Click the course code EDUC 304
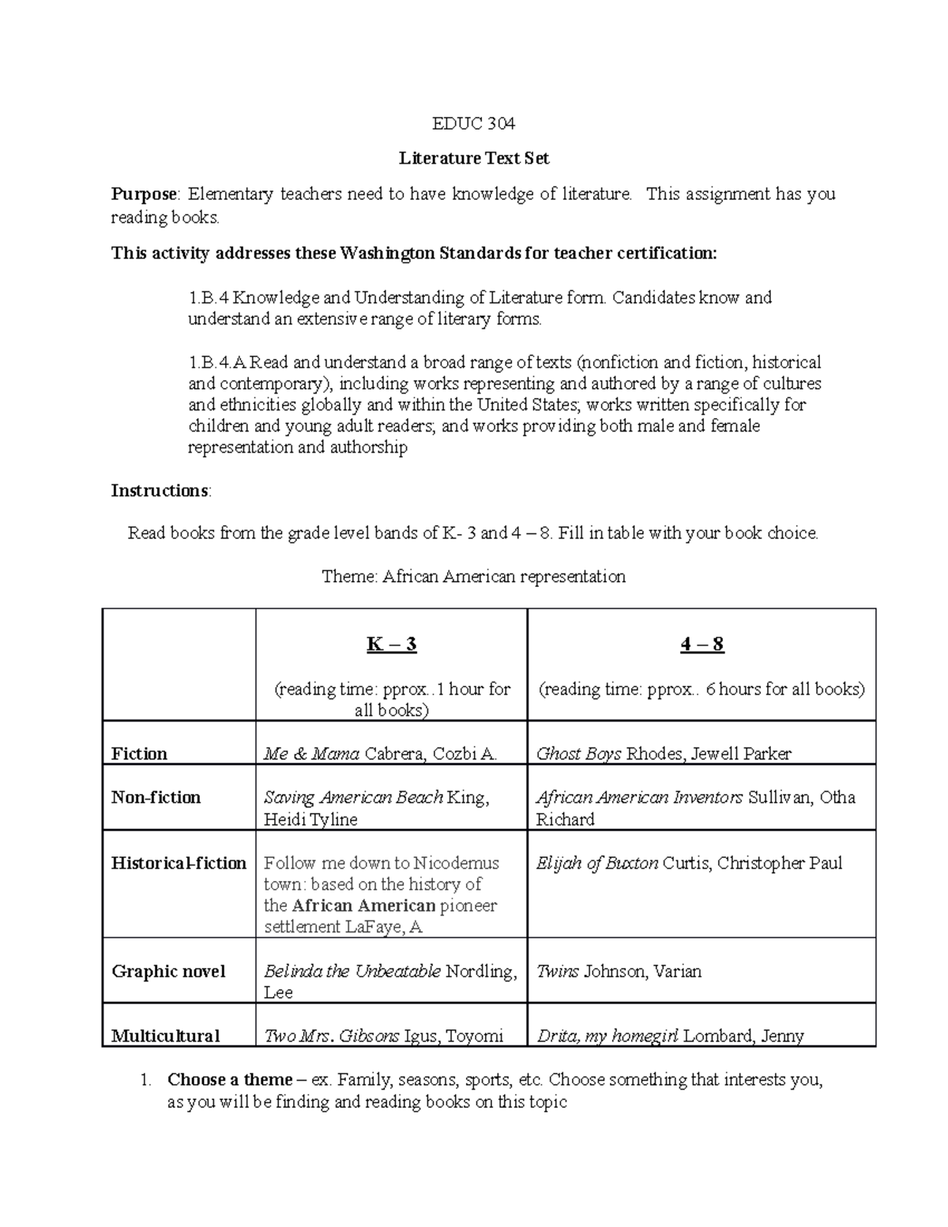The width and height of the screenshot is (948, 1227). pyautogui.click(x=473, y=123)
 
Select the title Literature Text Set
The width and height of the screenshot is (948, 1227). pyautogui.click(x=473, y=158)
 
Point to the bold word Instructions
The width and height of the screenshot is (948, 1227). pyautogui.click(x=160, y=491)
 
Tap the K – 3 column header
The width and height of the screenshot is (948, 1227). pyautogui.click(x=391, y=645)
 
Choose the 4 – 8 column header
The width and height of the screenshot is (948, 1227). pyautogui.click(x=702, y=645)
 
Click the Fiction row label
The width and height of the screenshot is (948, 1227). pyautogui.click(x=139, y=754)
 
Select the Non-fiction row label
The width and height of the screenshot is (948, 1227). pyautogui.click(x=156, y=797)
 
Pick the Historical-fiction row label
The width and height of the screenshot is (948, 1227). pyautogui.click(x=179, y=863)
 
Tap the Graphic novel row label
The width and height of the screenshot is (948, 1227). pyautogui.click(x=168, y=972)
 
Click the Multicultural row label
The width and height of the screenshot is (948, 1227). pyautogui.click(x=165, y=1036)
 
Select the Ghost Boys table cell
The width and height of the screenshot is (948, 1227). pyautogui.click(x=664, y=754)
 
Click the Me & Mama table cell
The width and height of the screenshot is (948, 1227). pyautogui.click(x=380, y=754)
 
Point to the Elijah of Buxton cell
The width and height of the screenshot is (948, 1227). pyautogui.click(x=689, y=863)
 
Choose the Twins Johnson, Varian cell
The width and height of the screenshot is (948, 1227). pyautogui.click(x=619, y=972)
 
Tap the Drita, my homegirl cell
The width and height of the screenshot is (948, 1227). pyautogui.click(x=670, y=1036)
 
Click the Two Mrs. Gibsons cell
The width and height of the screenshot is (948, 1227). pyautogui.click(x=383, y=1036)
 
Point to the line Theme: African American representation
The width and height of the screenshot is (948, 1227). pyautogui.click(x=473, y=577)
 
